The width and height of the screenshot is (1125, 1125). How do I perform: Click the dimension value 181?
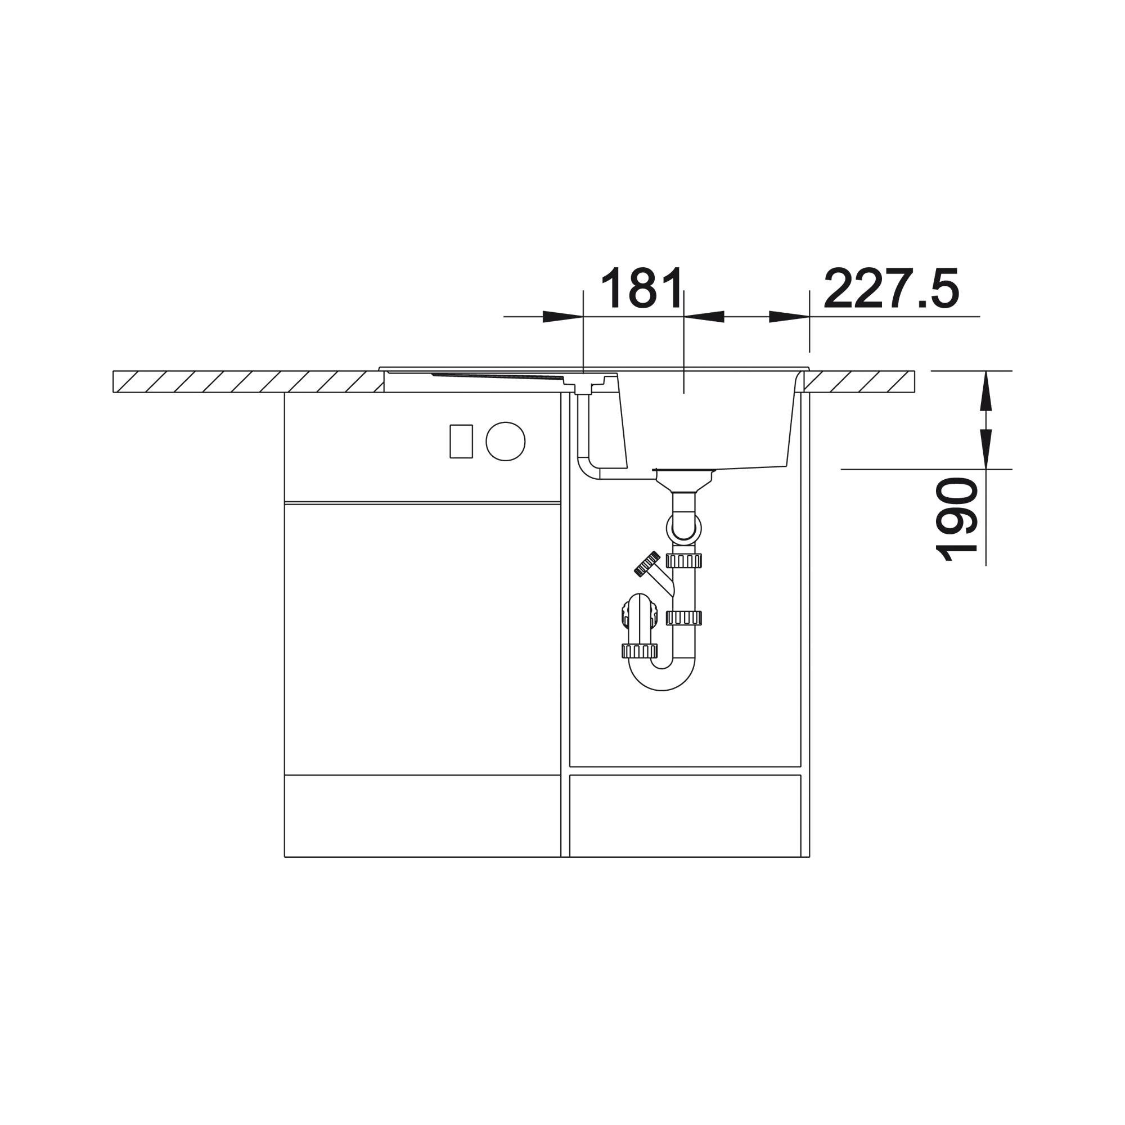[642, 287]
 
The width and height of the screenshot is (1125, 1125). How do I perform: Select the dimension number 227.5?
[892, 287]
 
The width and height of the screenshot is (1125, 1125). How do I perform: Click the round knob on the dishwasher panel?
[506, 442]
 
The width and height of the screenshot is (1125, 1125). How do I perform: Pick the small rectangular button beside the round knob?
[461, 442]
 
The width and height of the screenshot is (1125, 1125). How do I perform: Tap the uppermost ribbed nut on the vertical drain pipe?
[683, 561]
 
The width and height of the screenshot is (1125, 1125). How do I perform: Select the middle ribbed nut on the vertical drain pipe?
[683, 618]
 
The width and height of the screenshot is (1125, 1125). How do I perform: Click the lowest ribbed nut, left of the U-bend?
[640, 651]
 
